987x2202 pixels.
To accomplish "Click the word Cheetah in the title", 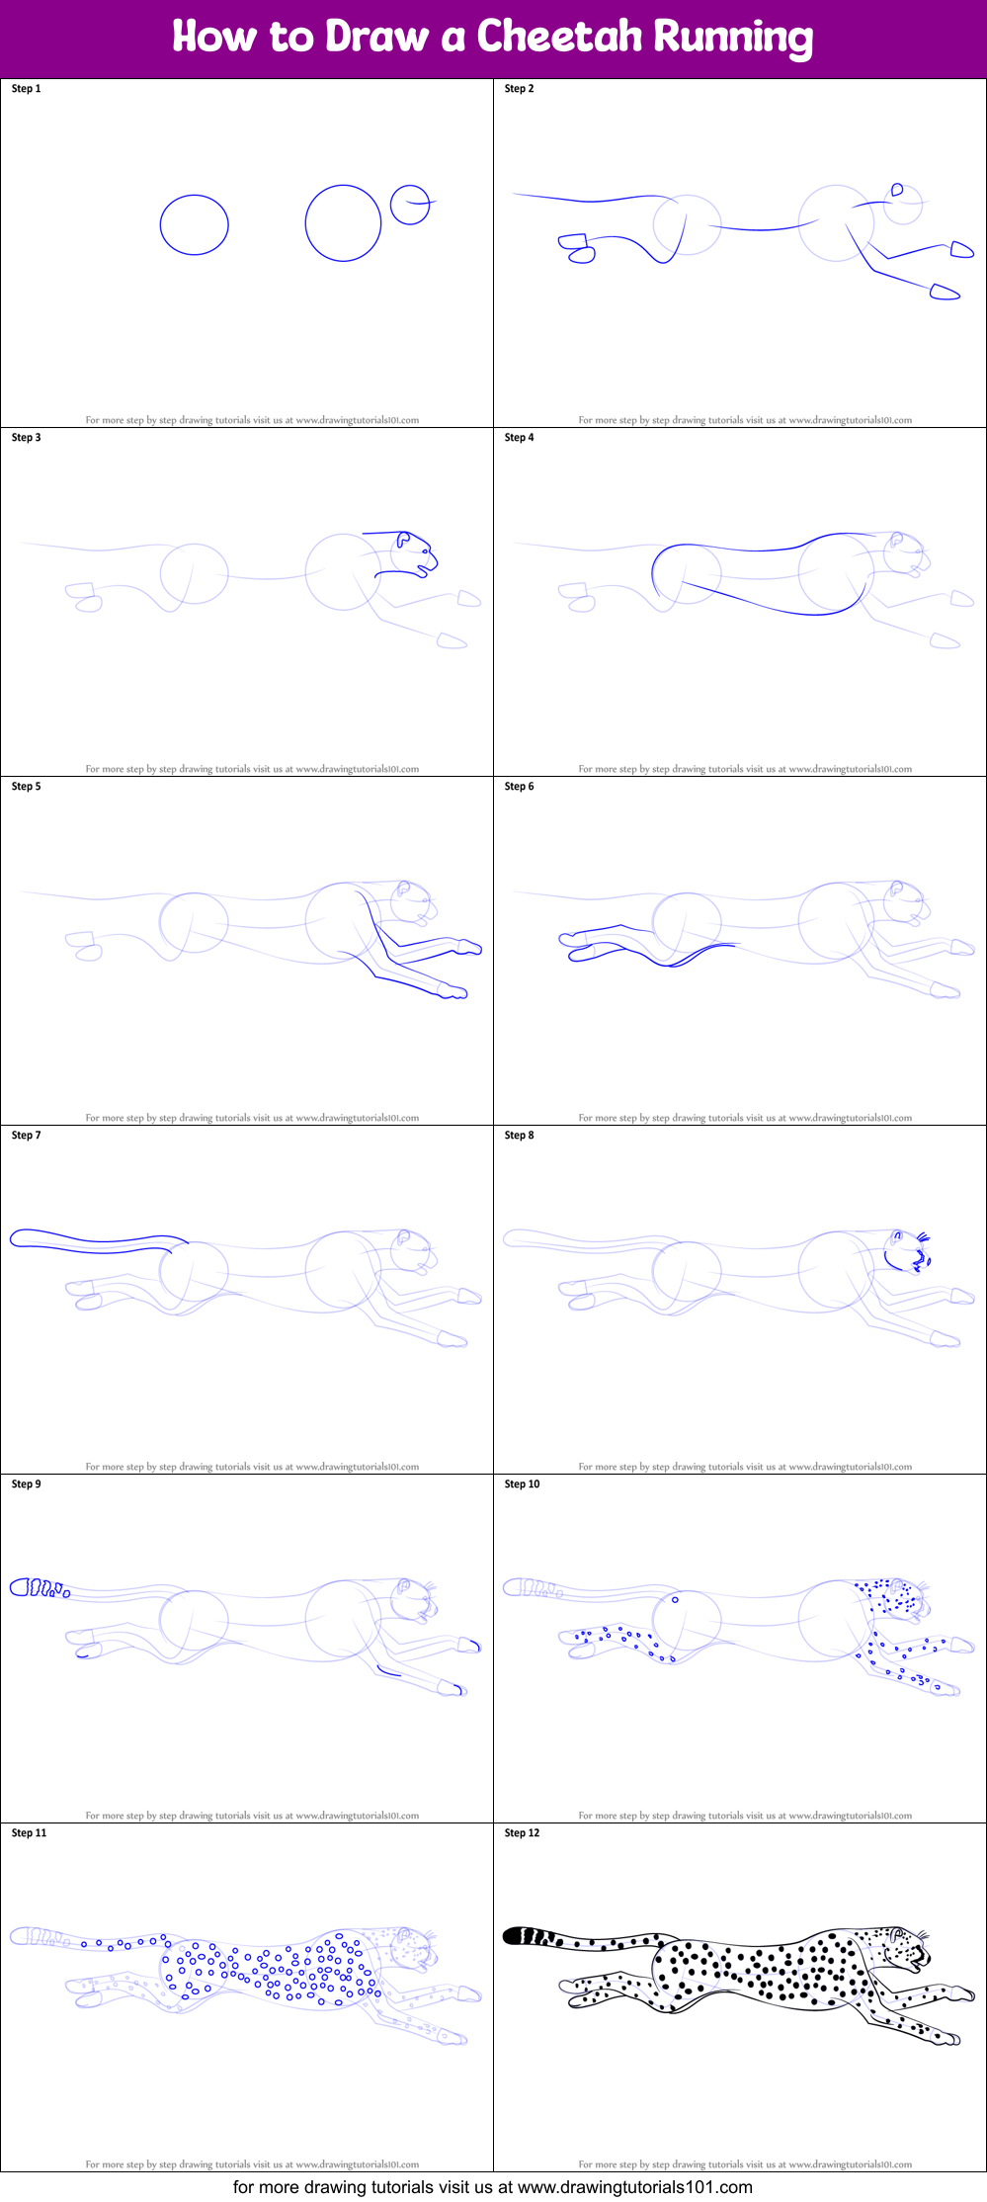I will [x=559, y=38].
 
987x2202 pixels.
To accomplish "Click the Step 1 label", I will [x=26, y=89].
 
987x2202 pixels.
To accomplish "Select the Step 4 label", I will [x=519, y=438].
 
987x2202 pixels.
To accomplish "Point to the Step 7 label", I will [x=26, y=1136].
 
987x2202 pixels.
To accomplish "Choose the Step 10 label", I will [x=522, y=1484].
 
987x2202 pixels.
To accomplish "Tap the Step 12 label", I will [x=522, y=1833].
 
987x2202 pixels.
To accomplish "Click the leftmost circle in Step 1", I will [x=195, y=224].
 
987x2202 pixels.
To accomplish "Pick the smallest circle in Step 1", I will [x=410, y=205].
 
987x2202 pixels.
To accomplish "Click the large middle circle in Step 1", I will [x=343, y=223].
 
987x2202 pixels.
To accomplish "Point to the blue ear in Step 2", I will [x=897, y=190].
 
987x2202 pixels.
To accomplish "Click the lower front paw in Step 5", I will [x=453, y=991].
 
